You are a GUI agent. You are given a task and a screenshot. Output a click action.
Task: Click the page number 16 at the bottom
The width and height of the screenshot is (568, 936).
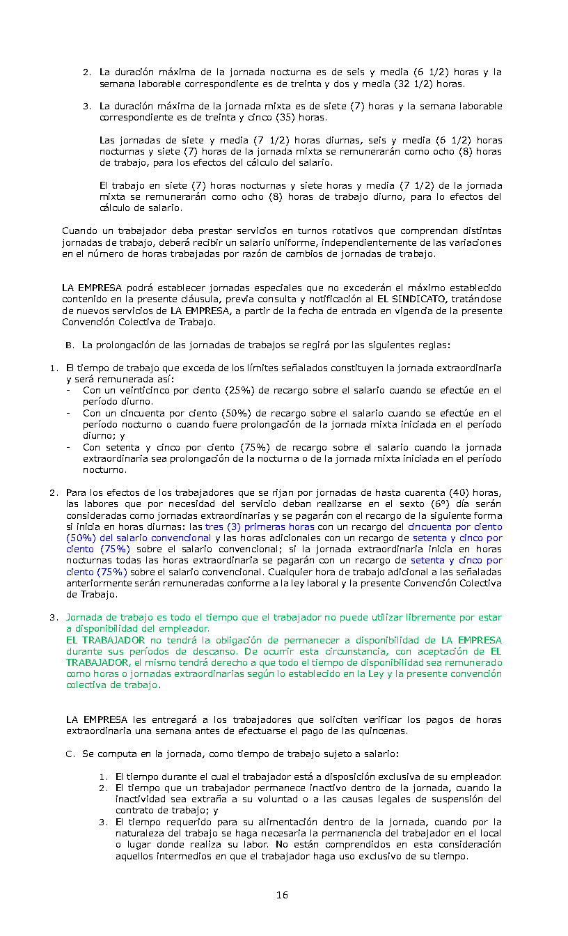(x=282, y=895)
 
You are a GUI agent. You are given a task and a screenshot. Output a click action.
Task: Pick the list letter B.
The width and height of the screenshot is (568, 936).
(x=69, y=345)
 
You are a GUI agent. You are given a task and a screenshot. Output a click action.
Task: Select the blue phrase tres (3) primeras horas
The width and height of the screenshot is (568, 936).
(x=260, y=527)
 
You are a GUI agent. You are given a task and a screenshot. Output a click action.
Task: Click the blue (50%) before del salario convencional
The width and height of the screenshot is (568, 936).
(x=82, y=538)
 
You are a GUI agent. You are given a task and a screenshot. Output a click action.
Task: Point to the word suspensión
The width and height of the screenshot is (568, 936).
(x=458, y=799)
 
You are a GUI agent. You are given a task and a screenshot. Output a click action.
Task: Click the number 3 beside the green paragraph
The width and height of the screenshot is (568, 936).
(x=52, y=618)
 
